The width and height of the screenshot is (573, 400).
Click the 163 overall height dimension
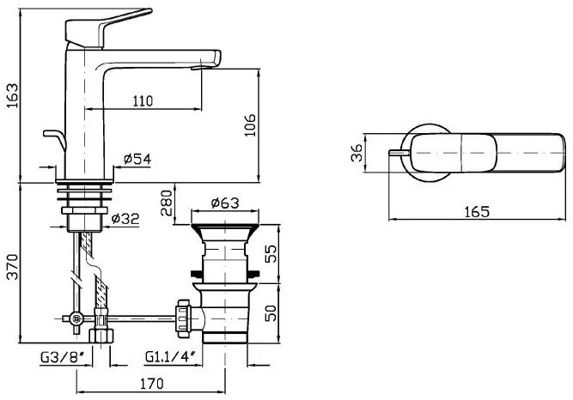coord(12,95)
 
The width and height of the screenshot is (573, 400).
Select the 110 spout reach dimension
coord(143,100)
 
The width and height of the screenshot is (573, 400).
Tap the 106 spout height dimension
coord(250,125)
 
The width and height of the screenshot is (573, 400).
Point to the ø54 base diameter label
coord(137,159)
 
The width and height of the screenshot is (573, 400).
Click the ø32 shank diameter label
coord(125,219)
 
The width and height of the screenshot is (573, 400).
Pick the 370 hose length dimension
coord(12,266)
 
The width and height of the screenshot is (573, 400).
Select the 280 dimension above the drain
coord(167,203)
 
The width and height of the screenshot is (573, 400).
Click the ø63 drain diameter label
coord(225,203)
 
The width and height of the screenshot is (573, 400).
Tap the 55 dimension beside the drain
coord(271,253)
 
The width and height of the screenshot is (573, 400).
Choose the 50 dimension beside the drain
coord(271,312)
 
